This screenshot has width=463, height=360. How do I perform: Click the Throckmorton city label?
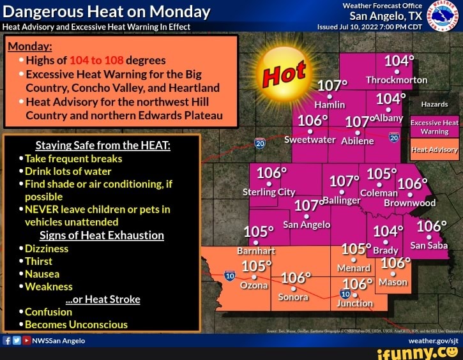[396, 80]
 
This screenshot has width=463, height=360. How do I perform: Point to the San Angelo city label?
[307, 224]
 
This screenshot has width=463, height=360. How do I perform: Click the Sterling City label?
[269, 191]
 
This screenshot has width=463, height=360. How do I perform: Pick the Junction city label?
[354, 303]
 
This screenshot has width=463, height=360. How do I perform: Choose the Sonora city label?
[293, 297]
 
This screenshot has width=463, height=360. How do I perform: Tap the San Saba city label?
[429, 245]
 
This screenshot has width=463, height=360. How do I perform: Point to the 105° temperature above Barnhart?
[259, 232]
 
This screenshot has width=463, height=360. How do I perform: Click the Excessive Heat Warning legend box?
[434, 126]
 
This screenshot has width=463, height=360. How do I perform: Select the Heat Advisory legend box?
[434, 150]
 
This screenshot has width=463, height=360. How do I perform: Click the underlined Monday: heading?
[30, 47]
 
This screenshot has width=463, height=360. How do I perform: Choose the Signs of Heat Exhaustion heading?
[102, 235]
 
